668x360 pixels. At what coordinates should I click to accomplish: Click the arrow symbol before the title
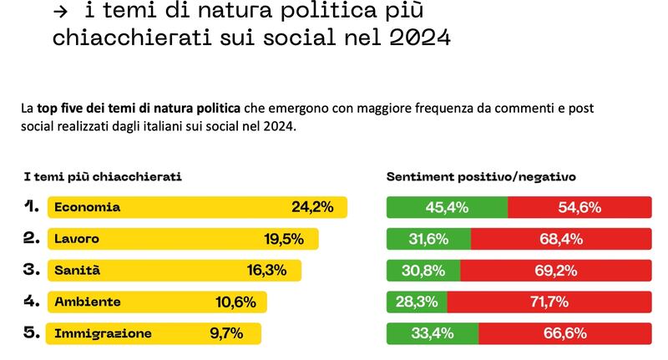[x=60, y=12]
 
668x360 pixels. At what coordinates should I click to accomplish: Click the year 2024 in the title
[x=420, y=38]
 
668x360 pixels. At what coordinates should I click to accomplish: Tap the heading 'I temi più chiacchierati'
[x=103, y=177]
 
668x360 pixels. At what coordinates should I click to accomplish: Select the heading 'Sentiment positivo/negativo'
[x=481, y=177]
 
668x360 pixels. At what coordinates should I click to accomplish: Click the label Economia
[x=88, y=207]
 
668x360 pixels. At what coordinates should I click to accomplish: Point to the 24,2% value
[x=312, y=207]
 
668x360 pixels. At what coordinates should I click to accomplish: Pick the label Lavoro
[x=77, y=239]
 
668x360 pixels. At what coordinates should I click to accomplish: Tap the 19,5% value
[x=284, y=239]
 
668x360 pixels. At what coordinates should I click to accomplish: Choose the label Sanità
[x=77, y=270]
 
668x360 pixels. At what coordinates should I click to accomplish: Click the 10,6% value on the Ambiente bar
[x=235, y=302]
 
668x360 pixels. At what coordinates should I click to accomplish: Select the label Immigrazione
[x=103, y=333]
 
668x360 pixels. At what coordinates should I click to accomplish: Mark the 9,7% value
[x=226, y=333]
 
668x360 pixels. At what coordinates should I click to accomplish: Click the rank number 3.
[x=32, y=270]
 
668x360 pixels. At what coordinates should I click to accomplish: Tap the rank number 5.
[x=32, y=332]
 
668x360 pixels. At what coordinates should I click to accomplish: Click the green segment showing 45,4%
[x=448, y=207]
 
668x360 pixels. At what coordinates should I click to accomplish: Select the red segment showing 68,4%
[x=561, y=239]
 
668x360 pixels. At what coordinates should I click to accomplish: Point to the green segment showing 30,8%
[x=423, y=271]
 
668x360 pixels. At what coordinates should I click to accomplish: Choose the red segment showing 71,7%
[x=549, y=302]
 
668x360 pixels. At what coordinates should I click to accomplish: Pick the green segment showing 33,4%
[x=433, y=333]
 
